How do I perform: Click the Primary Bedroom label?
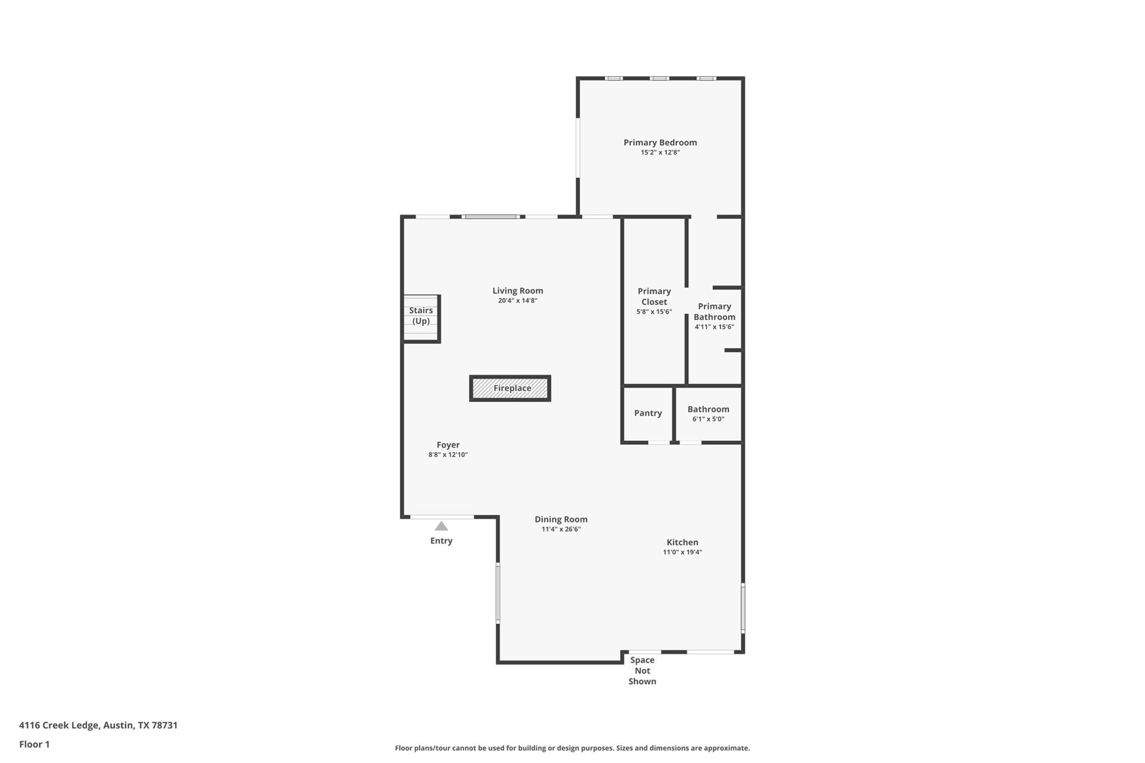[660, 143]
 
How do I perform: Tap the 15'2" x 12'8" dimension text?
[660, 153]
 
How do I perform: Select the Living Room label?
[517, 291]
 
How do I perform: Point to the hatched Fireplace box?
[510, 388]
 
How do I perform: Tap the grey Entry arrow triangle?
[441, 526]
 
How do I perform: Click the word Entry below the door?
[441, 541]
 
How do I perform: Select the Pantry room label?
[647, 413]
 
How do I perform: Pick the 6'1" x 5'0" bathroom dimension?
[708, 419]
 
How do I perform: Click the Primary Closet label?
[654, 296]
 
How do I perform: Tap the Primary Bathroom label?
[714, 311]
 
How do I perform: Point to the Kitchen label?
[682, 542]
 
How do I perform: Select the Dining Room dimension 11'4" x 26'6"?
[561, 529]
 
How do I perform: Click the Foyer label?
[448, 445]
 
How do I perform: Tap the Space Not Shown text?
[642, 670]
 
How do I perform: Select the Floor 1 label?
[34, 744]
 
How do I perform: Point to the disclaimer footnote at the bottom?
[572, 748]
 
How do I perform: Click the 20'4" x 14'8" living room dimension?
[517, 301]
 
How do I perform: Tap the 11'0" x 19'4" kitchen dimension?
[682, 552]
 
